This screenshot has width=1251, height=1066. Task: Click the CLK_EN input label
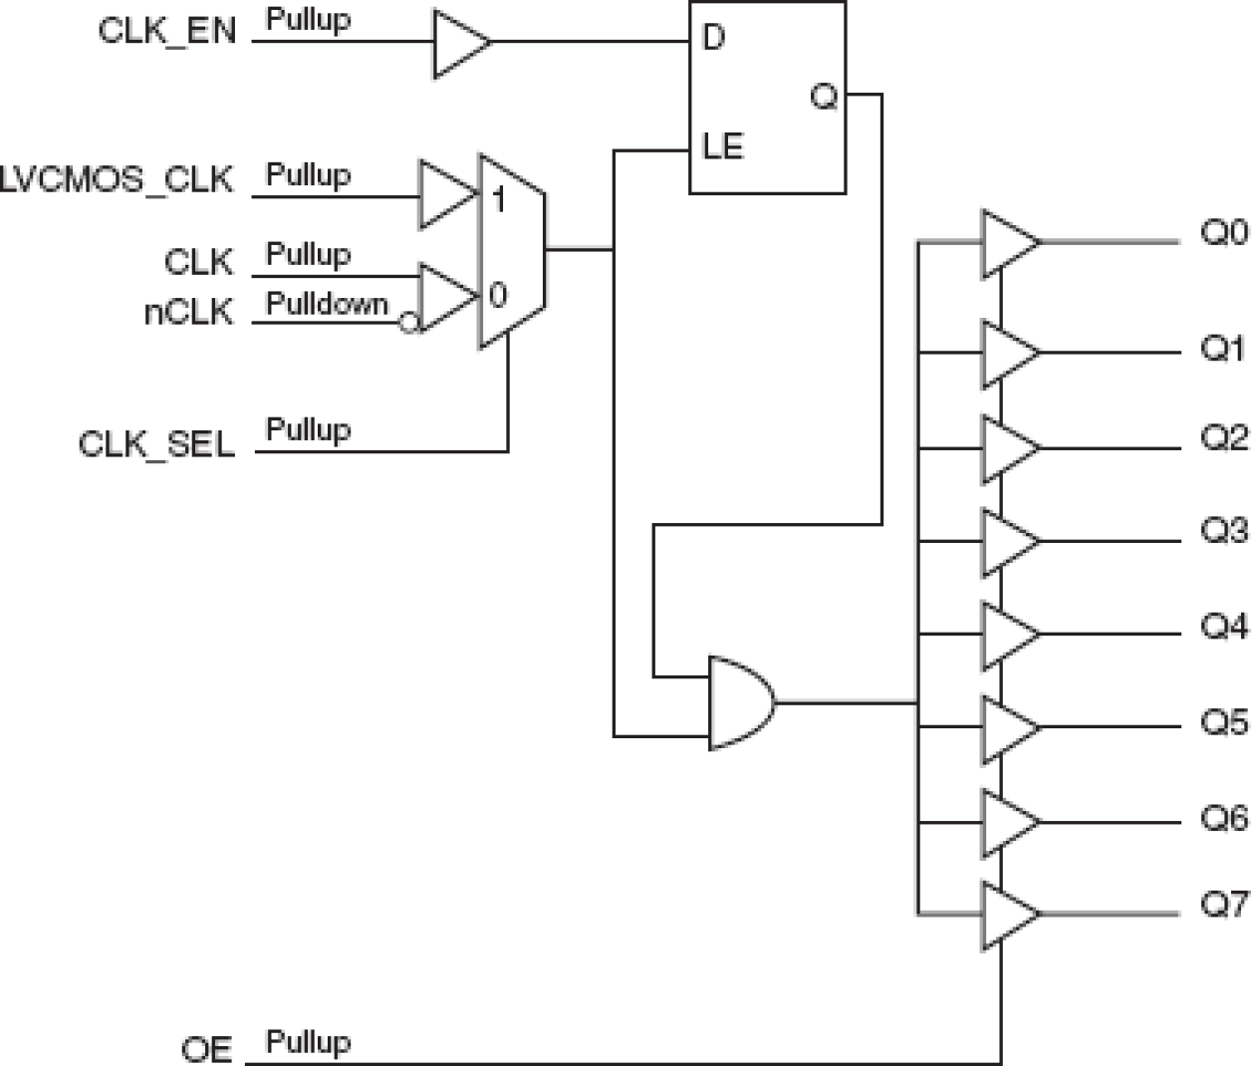click(x=167, y=31)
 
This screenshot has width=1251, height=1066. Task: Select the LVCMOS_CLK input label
click(x=117, y=181)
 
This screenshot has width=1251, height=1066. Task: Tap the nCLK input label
click(x=188, y=313)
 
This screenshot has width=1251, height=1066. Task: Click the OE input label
click(x=207, y=1049)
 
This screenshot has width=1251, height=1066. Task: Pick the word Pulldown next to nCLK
click(x=327, y=304)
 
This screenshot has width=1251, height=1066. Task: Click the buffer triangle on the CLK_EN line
click(x=459, y=43)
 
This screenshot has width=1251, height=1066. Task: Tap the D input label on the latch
click(x=713, y=39)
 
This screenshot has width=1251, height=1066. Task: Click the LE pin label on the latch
click(x=723, y=147)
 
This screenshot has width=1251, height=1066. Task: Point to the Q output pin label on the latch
click(x=825, y=97)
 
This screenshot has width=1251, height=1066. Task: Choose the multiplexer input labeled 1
click(x=498, y=200)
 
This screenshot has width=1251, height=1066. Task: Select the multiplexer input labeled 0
click(x=498, y=295)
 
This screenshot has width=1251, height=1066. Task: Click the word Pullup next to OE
click(x=308, y=1042)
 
